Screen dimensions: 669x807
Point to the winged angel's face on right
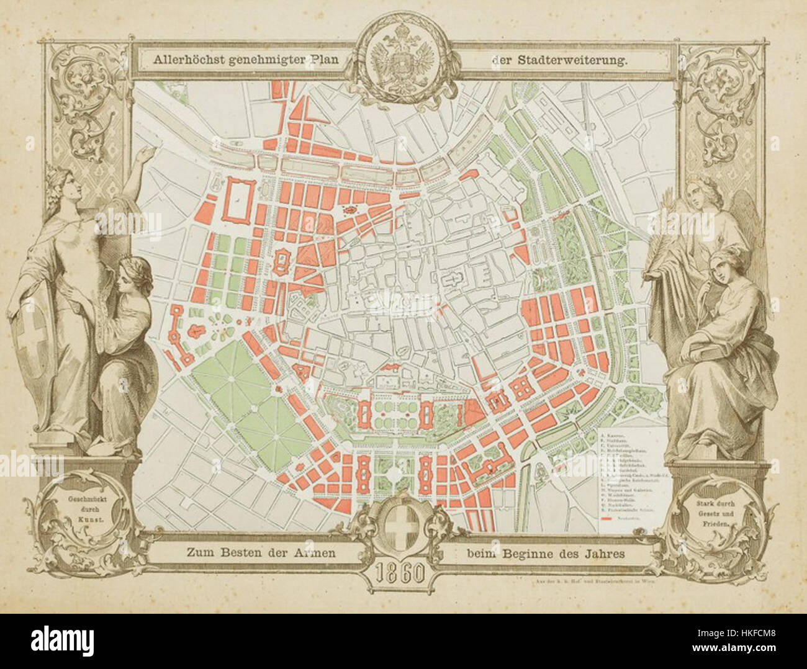point(708,194)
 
